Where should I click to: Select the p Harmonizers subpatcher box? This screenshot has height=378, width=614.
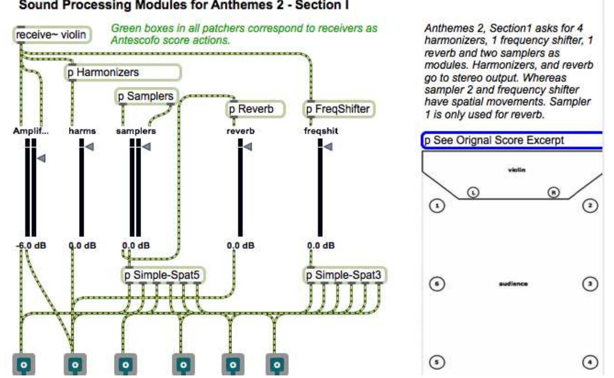(123, 72)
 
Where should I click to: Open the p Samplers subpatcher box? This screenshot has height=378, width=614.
(147, 96)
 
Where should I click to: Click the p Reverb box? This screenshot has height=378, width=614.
(256, 109)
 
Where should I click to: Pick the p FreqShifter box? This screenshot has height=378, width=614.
(338, 109)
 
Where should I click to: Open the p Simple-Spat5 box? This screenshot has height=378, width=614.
(162, 275)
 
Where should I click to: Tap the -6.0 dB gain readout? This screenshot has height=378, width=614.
(30, 246)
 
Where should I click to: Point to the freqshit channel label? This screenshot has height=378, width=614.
(321, 131)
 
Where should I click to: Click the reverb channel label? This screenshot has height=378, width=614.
(241, 131)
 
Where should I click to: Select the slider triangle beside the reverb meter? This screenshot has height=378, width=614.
(248, 147)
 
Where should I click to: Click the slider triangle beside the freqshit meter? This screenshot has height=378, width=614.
(328, 147)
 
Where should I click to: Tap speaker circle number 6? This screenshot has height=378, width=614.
(437, 284)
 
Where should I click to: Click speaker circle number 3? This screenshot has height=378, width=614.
(590, 284)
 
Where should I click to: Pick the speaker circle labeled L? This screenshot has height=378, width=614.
(473, 192)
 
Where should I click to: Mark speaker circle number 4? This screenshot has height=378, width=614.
(590, 362)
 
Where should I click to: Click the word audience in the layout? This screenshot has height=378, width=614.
(513, 284)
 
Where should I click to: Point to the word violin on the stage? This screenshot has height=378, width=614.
(516, 170)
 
